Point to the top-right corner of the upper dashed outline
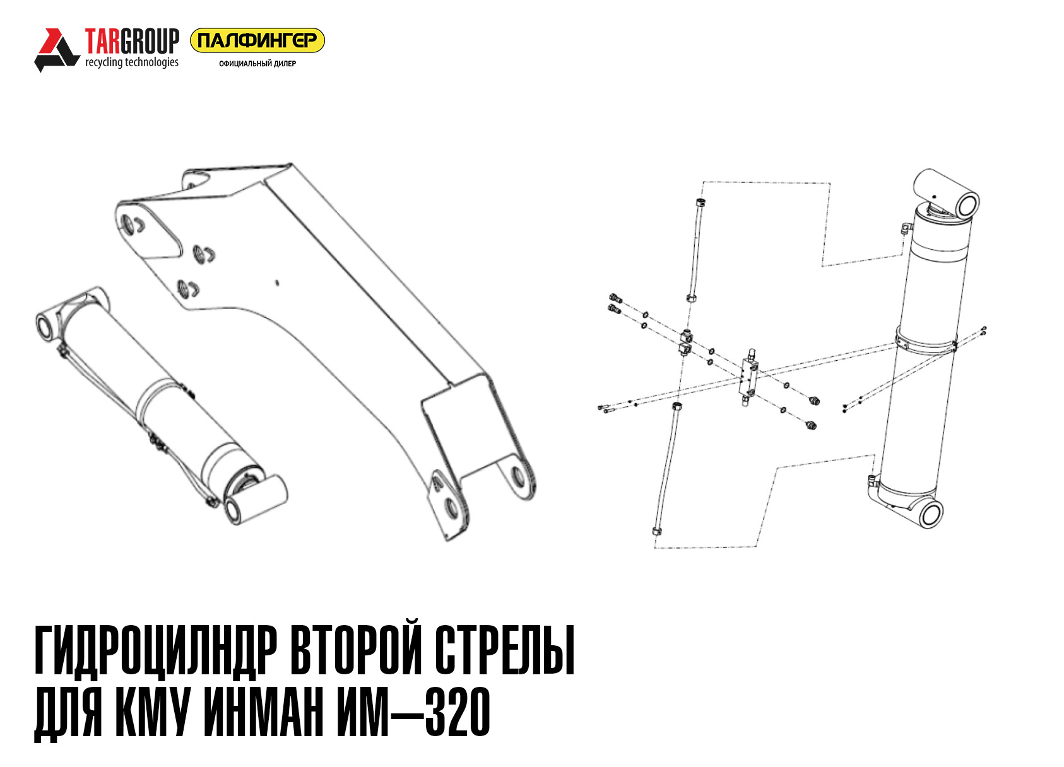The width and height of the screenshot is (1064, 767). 830,183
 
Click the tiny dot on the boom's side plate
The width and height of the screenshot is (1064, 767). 278,283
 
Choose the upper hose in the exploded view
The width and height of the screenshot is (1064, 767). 694,250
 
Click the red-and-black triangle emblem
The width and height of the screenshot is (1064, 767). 57,50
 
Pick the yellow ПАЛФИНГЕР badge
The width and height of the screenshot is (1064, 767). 257,40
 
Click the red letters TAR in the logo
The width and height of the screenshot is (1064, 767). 103,41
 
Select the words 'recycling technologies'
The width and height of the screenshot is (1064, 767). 132,62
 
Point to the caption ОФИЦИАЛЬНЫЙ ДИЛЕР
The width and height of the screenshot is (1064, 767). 257,64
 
